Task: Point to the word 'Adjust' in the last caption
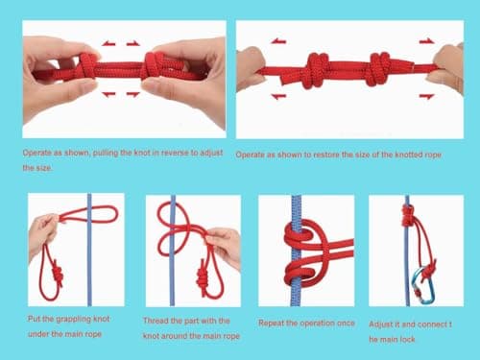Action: (x=380, y=324)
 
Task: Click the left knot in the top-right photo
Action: (x=317, y=70)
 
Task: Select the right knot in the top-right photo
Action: (x=380, y=69)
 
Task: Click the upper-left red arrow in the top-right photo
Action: (x=278, y=41)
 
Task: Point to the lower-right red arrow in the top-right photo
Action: (x=426, y=96)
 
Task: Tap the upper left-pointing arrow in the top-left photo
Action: (x=108, y=43)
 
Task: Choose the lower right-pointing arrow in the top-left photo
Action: (x=132, y=94)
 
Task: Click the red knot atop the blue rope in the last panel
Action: (x=408, y=215)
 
